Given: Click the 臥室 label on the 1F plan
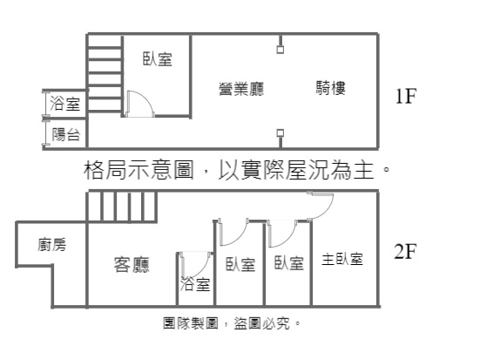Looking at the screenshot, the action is pyautogui.click(x=157, y=59).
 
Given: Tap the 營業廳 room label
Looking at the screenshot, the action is pyautogui.click(x=241, y=89).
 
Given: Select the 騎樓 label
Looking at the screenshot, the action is pyautogui.click(x=331, y=88).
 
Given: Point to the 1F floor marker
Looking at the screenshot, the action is pyautogui.click(x=406, y=96).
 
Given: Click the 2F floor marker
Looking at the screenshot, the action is pyautogui.click(x=406, y=251).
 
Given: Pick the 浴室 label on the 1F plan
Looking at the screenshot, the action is pyautogui.click(x=64, y=104).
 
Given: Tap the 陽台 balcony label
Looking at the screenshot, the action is pyautogui.click(x=65, y=134).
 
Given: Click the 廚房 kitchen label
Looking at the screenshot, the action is pyautogui.click(x=51, y=245).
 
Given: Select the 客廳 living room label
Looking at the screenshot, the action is pyautogui.click(x=132, y=265).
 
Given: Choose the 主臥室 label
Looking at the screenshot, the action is pyautogui.click(x=342, y=259).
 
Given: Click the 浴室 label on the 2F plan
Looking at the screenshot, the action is pyautogui.click(x=195, y=283).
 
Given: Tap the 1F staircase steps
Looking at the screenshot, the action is pyautogui.click(x=105, y=74).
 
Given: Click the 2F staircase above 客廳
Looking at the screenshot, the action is pyautogui.click(x=122, y=207).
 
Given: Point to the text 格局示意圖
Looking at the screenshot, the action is pyautogui.click(x=139, y=169).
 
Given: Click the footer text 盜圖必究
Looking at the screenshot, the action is pyautogui.click(x=262, y=323).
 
